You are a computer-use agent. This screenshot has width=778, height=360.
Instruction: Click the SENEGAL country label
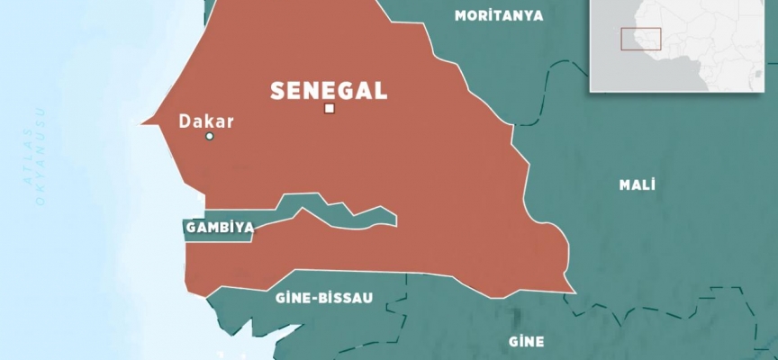330,89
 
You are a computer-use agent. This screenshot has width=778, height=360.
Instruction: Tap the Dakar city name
206,120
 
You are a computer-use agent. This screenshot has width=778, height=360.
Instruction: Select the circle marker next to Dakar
210,137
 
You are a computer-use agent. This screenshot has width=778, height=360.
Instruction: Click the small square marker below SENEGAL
330,109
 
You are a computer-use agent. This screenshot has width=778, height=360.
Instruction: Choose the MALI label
637,184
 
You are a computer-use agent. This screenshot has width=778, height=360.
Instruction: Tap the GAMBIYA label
218,229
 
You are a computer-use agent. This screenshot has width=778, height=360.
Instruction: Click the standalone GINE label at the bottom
526,342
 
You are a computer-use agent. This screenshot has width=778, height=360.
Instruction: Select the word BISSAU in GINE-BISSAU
343,297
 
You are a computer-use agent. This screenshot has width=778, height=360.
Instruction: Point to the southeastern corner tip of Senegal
573,290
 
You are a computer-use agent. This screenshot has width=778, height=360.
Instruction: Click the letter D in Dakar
185,120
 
